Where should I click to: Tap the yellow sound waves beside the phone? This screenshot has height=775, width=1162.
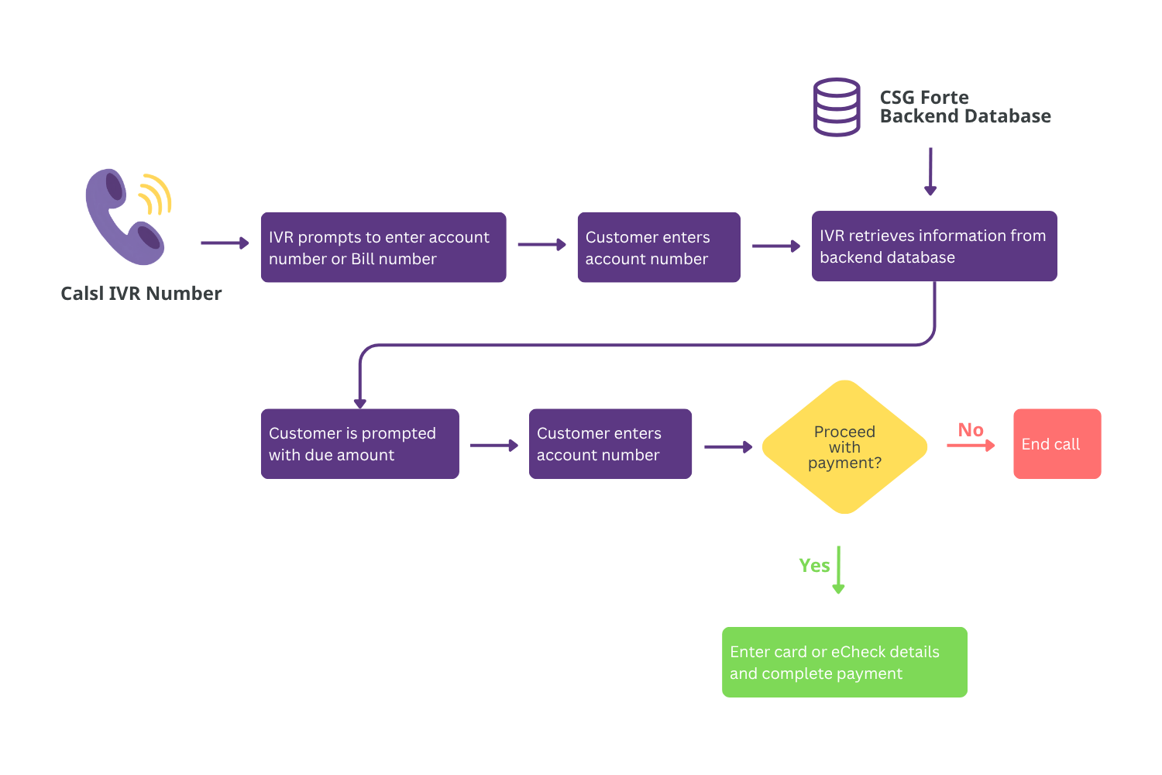click(x=156, y=195)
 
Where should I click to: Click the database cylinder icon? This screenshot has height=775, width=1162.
click(x=836, y=107)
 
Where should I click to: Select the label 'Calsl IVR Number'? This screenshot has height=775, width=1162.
click(x=141, y=294)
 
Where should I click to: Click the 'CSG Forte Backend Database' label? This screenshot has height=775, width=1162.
click(x=965, y=107)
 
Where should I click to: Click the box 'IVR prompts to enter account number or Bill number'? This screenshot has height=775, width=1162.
click(x=383, y=247)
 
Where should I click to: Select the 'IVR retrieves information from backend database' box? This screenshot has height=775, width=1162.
click(x=934, y=246)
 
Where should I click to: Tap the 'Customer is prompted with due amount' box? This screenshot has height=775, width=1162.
click(x=360, y=444)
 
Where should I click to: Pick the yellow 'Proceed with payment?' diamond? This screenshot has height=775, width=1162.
click(x=844, y=447)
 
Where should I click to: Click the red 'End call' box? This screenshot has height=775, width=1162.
click(x=1057, y=444)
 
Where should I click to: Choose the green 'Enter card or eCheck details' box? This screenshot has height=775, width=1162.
click(x=844, y=662)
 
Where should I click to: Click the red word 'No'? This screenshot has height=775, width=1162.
click(x=971, y=430)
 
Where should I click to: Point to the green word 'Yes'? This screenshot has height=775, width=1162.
click(x=814, y=565)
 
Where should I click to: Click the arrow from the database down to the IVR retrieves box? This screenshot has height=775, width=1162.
click(x=930, y=171)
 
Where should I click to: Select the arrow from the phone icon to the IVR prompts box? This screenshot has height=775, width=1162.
click(x=225, y=243)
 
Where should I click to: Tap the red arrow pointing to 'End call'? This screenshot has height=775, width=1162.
click(x=971, y=446)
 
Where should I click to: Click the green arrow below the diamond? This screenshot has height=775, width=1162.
click(x=838, y=570)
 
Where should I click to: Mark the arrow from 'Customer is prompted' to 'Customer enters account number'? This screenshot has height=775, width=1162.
click(x=494, y=446)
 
